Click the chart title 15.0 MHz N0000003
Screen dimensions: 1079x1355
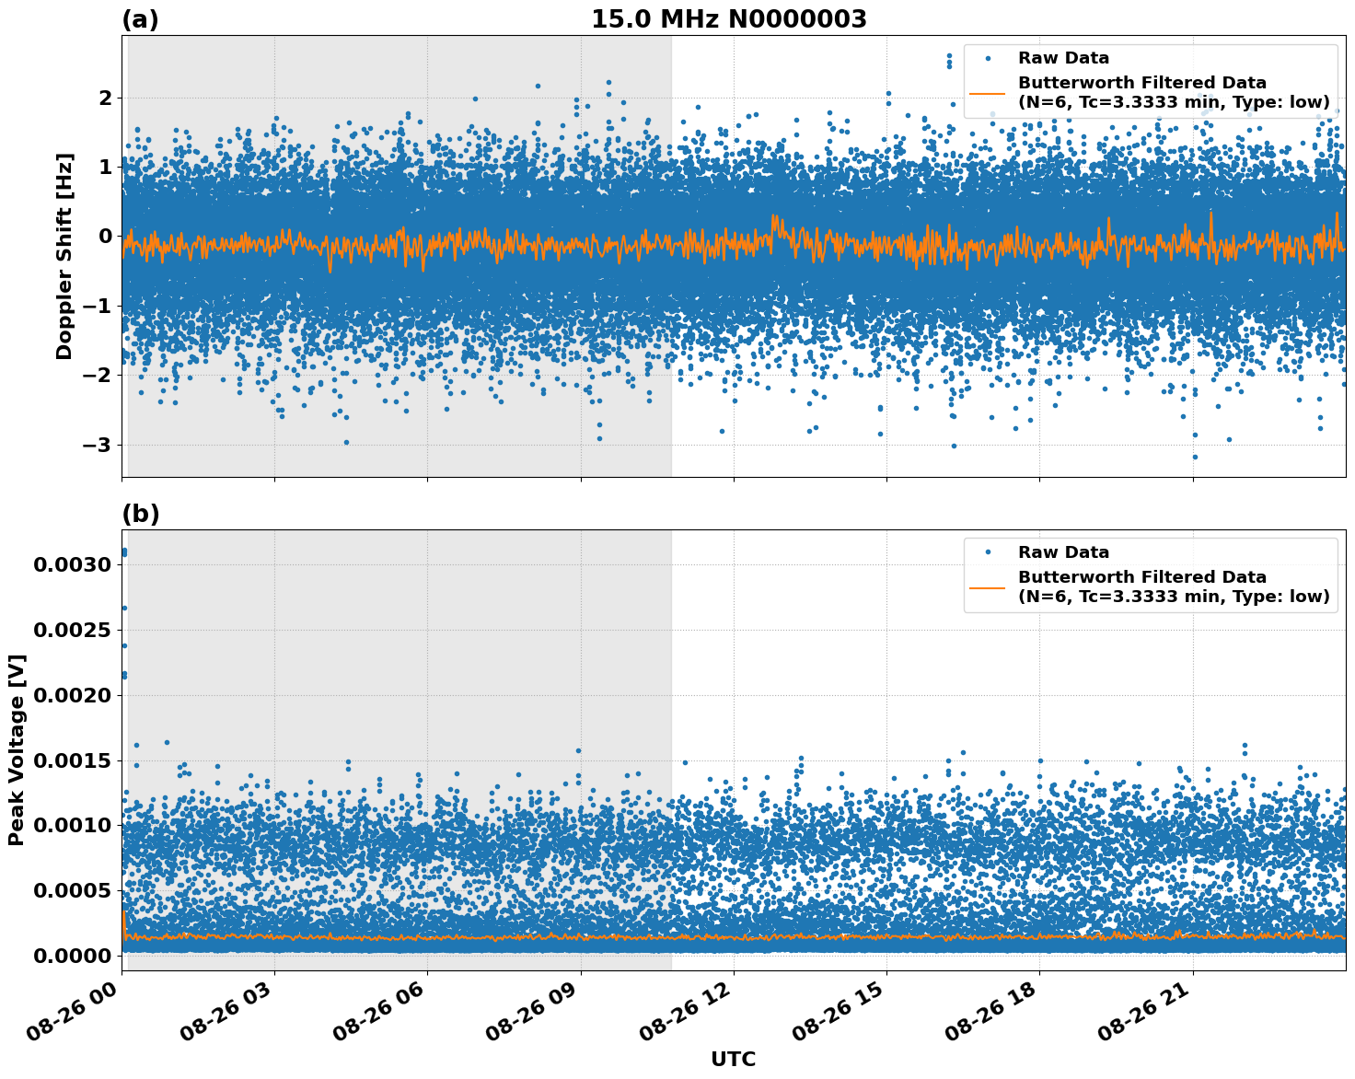coord(728,19)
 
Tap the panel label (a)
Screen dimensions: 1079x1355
coord(140,19)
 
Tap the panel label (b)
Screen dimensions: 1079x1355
coord(140,514)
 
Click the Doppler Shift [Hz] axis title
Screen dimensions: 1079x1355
coord(64,256)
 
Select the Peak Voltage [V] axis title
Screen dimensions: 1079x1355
coord(17,749)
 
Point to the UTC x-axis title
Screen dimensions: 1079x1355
coord(733,1059)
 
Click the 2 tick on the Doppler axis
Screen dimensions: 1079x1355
coord(105,98)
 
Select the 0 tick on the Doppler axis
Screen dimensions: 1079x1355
coord(105,237)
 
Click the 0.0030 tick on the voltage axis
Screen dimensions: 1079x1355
coord(72,564)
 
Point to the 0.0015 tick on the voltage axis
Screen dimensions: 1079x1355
coord(72,760)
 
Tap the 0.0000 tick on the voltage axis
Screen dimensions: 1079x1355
coord(72,956)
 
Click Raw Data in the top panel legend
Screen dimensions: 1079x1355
coord(1063,58)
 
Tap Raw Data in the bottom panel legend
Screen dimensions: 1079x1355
coord(1063,552)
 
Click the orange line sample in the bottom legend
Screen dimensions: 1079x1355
coord(988,586)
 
